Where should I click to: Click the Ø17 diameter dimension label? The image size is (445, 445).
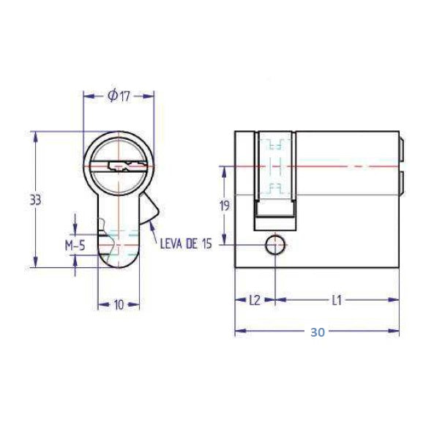(x=119, y=96)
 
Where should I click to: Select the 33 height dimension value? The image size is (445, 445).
(x=35, y=201)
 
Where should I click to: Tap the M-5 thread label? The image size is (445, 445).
(x=75, y=245)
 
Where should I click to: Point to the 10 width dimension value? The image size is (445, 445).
(x=119, y=304)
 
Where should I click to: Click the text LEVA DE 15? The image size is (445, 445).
(x=186, y=244)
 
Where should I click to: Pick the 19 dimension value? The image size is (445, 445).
(x=225, y=206)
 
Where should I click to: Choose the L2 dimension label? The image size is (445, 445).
(x=255, y=300)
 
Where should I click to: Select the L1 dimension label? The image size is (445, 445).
(x=337, y=300)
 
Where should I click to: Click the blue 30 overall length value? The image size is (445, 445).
(x=318, y=332)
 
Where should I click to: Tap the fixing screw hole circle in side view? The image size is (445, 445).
(x=275, y=245)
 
